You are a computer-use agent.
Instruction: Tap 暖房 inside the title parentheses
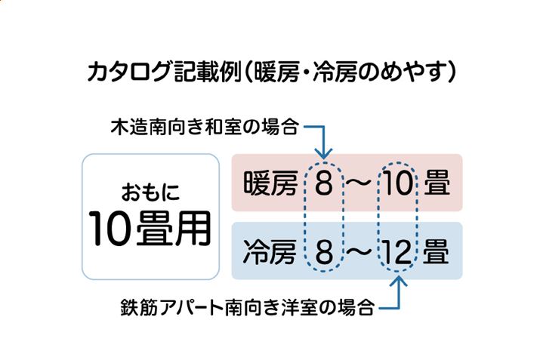point(279,72)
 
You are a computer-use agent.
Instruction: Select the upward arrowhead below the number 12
point(397,283)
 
